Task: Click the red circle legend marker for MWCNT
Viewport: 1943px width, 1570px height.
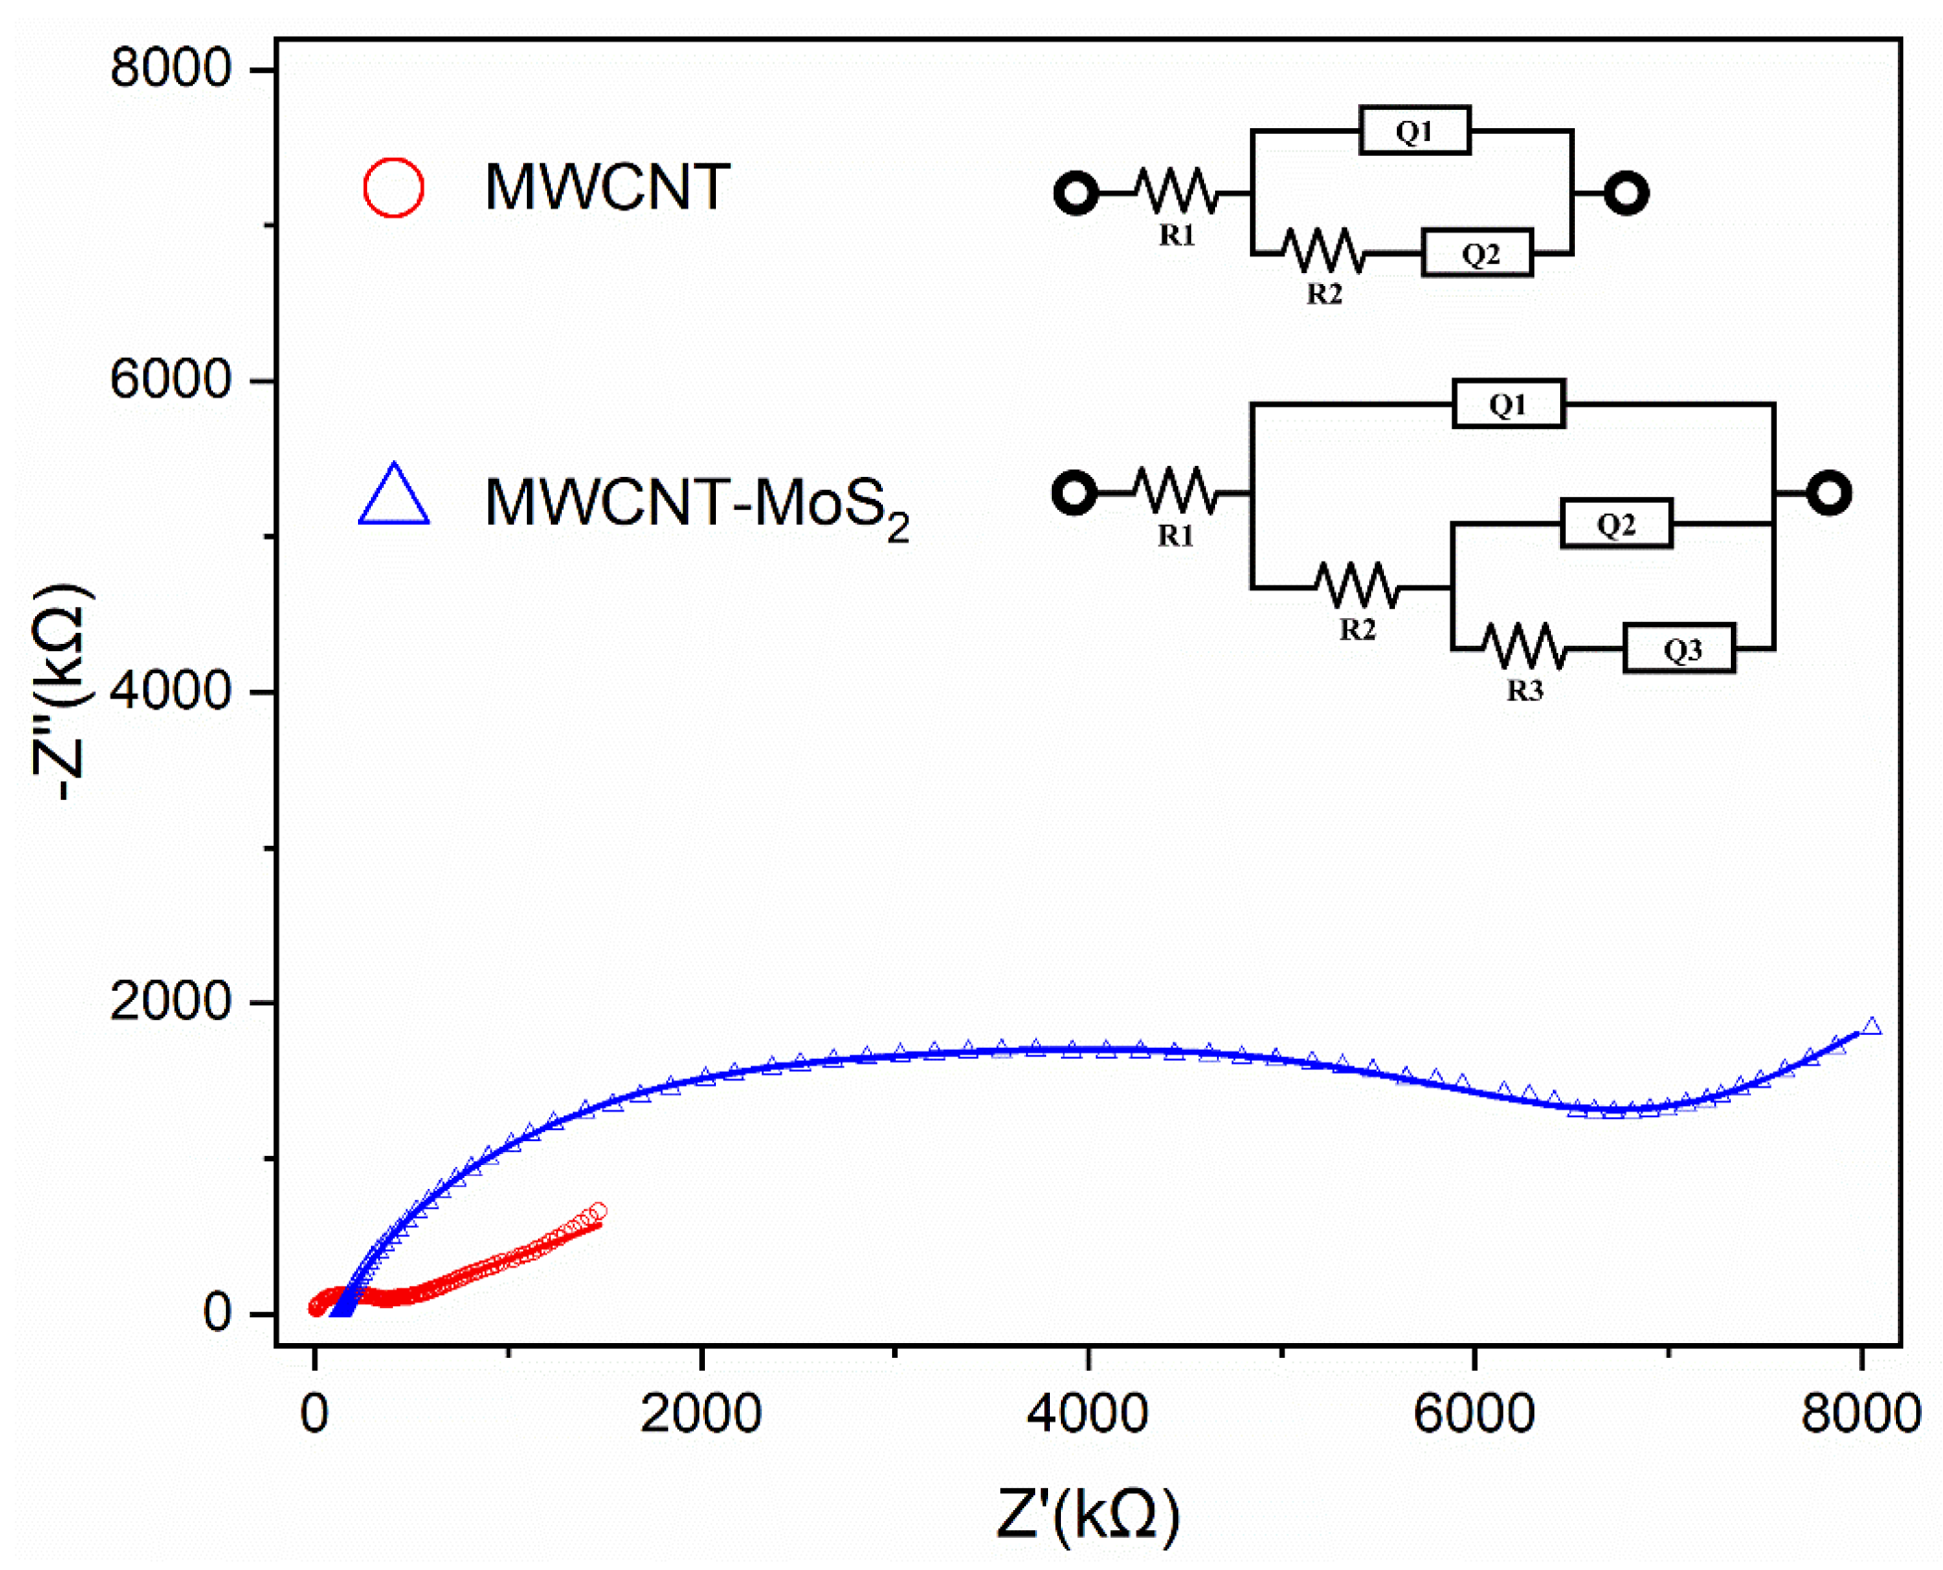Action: (x=393, y=188)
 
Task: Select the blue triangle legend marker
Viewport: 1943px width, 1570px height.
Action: (x=394, y=497)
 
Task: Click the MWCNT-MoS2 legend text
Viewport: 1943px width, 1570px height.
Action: (x=697, y=505)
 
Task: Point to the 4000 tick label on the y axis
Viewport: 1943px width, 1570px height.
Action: (x=170, y=691)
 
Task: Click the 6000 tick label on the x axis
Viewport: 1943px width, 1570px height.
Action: (x=1473, y=1414)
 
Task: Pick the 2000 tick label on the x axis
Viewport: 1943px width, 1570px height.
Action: (x=700, y=1414)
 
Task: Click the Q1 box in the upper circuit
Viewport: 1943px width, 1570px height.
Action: (x=1414, y=131)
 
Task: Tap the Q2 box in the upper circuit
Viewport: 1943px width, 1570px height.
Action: (x=1477, y=254)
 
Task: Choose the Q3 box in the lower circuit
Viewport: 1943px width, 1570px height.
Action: (x=1679, y=648)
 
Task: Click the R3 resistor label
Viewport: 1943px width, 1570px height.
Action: (x=1524, y=691)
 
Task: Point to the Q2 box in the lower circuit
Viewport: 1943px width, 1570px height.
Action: (x=1615, y=524)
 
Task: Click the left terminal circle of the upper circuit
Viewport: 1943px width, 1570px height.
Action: (x=1076, y=194)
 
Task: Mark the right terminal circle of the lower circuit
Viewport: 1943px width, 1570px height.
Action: (x=1829, y=493)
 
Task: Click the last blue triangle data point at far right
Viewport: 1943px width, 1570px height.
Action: (x=1871, y=1027)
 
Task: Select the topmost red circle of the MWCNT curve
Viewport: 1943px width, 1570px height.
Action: (x=598, y=1211)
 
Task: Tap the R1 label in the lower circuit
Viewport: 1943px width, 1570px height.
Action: (x=1175, y=536)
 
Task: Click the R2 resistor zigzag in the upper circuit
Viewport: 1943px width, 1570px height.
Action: (x=1322, y=250)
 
